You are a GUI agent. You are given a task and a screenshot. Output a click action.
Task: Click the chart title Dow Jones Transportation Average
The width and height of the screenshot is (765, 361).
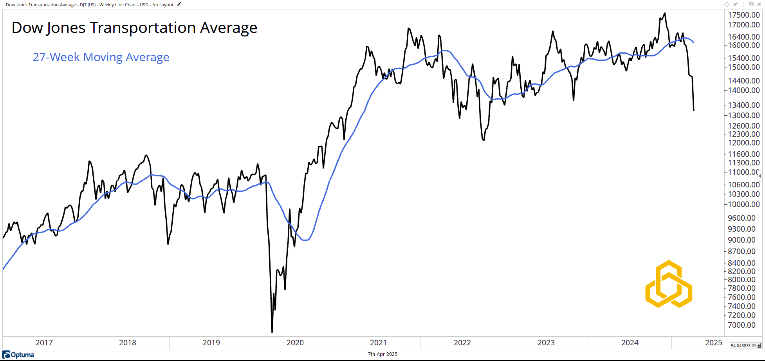(134, 28)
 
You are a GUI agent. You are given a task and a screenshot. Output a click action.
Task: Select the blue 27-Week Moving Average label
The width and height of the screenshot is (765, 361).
(101, 57)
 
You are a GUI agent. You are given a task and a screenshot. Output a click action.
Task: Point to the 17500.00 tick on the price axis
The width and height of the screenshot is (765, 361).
(743, 15)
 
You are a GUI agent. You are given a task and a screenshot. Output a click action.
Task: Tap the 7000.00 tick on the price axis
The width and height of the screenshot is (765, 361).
(742, 325)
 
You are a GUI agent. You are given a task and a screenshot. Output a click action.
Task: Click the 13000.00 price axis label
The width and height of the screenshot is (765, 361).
(743, 115)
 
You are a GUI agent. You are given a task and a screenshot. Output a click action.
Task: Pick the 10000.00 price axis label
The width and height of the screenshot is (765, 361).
(743, 204)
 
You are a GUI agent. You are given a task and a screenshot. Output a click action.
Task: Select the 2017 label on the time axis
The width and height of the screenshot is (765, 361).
(44, 343)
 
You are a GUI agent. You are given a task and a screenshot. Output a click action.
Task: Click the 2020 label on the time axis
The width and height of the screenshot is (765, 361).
(295, 343)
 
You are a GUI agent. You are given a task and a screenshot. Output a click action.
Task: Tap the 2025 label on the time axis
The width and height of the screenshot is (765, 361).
(713, 343)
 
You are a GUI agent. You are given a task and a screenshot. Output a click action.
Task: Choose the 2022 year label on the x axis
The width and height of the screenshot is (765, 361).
(462, 343)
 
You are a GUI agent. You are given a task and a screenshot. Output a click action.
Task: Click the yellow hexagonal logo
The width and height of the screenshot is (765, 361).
(669, 284)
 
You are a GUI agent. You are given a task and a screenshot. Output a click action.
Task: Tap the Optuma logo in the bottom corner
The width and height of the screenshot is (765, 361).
(18, 355)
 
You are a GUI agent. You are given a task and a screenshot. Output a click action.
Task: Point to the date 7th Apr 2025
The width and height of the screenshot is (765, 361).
(382, 354)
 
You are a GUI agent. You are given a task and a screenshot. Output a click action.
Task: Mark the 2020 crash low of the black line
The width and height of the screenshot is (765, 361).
(272, 332)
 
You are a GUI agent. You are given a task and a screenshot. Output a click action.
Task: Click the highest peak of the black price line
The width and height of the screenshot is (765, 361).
(664, 13)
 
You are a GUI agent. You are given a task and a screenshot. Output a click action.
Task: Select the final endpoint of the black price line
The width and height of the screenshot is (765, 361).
(694, 111)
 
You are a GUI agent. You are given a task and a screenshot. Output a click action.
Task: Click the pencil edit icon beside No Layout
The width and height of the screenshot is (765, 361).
(179, 5)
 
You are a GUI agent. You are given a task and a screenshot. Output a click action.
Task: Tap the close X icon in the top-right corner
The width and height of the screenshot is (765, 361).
(759, 4)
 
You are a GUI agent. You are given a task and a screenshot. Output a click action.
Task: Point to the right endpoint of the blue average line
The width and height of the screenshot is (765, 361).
(694, 42)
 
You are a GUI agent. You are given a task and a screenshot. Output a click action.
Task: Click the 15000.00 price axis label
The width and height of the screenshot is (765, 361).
(743, 67)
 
